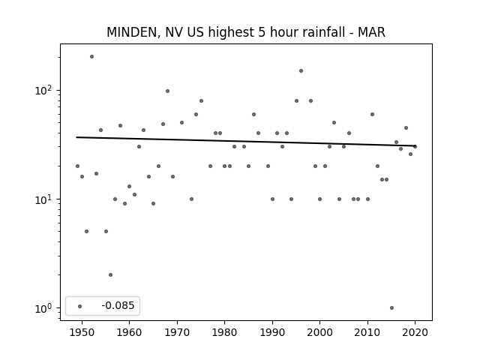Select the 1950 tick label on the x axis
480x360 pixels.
[82, 332]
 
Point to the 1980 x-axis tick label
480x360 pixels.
[224, 332]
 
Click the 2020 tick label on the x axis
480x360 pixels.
[415, 332]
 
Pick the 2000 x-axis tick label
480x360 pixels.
[320, 332]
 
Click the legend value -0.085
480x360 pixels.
[118, 305]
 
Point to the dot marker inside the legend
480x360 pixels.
[80, 306]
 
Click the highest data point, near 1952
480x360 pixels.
[91, 57]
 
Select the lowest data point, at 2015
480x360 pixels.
[391, 308]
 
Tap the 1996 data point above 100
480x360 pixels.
[301, 71]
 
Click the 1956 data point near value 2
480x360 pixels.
[110, 275]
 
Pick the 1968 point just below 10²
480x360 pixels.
[167, 91]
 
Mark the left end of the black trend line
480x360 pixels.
[76, 137]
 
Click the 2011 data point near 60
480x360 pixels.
[372, 115]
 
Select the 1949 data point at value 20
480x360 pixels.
[77, 166]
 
